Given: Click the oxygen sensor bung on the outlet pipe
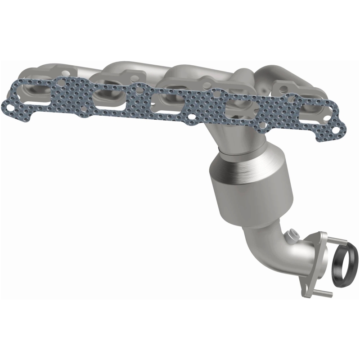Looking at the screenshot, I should click(x=294, y=235).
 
